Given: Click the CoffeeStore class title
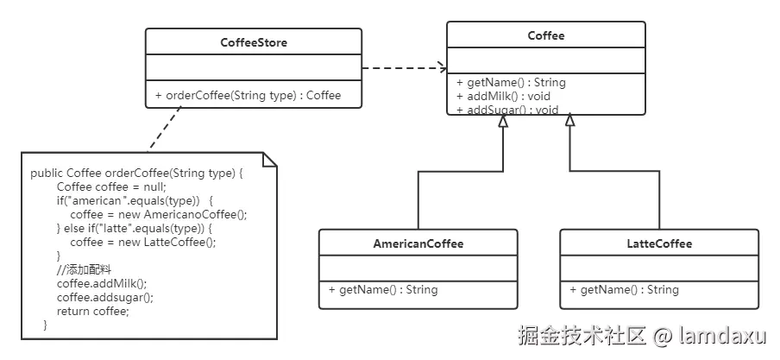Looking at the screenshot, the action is (254, 42).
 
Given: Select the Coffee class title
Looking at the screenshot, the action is (546, 35).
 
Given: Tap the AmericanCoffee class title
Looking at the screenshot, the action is (418, 243).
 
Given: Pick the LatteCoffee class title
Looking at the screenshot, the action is (659, 243).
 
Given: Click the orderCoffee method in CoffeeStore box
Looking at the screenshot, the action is (248, 95).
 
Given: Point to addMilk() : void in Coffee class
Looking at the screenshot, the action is (503, 96).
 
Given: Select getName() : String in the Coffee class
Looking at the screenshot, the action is (512, 82).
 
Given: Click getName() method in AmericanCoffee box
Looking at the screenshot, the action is (383, 289).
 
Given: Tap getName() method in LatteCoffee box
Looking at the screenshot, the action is (625, 289).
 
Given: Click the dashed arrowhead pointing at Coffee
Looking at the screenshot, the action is (443, 67).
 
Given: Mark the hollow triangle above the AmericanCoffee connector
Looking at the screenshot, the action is (503, 120).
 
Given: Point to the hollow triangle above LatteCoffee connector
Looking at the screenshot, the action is (570, 120).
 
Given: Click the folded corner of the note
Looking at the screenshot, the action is (269, 160).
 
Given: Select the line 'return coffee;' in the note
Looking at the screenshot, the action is (93, 311).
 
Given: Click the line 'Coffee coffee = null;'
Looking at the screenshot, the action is (111, 187).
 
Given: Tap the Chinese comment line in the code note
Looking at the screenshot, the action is (84, 270).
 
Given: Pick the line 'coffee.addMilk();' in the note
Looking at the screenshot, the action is (102, 284).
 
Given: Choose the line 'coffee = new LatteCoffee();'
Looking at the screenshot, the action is (144, 243).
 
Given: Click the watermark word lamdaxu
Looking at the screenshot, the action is (722, 336).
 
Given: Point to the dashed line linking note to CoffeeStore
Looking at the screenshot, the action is (165, 129).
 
